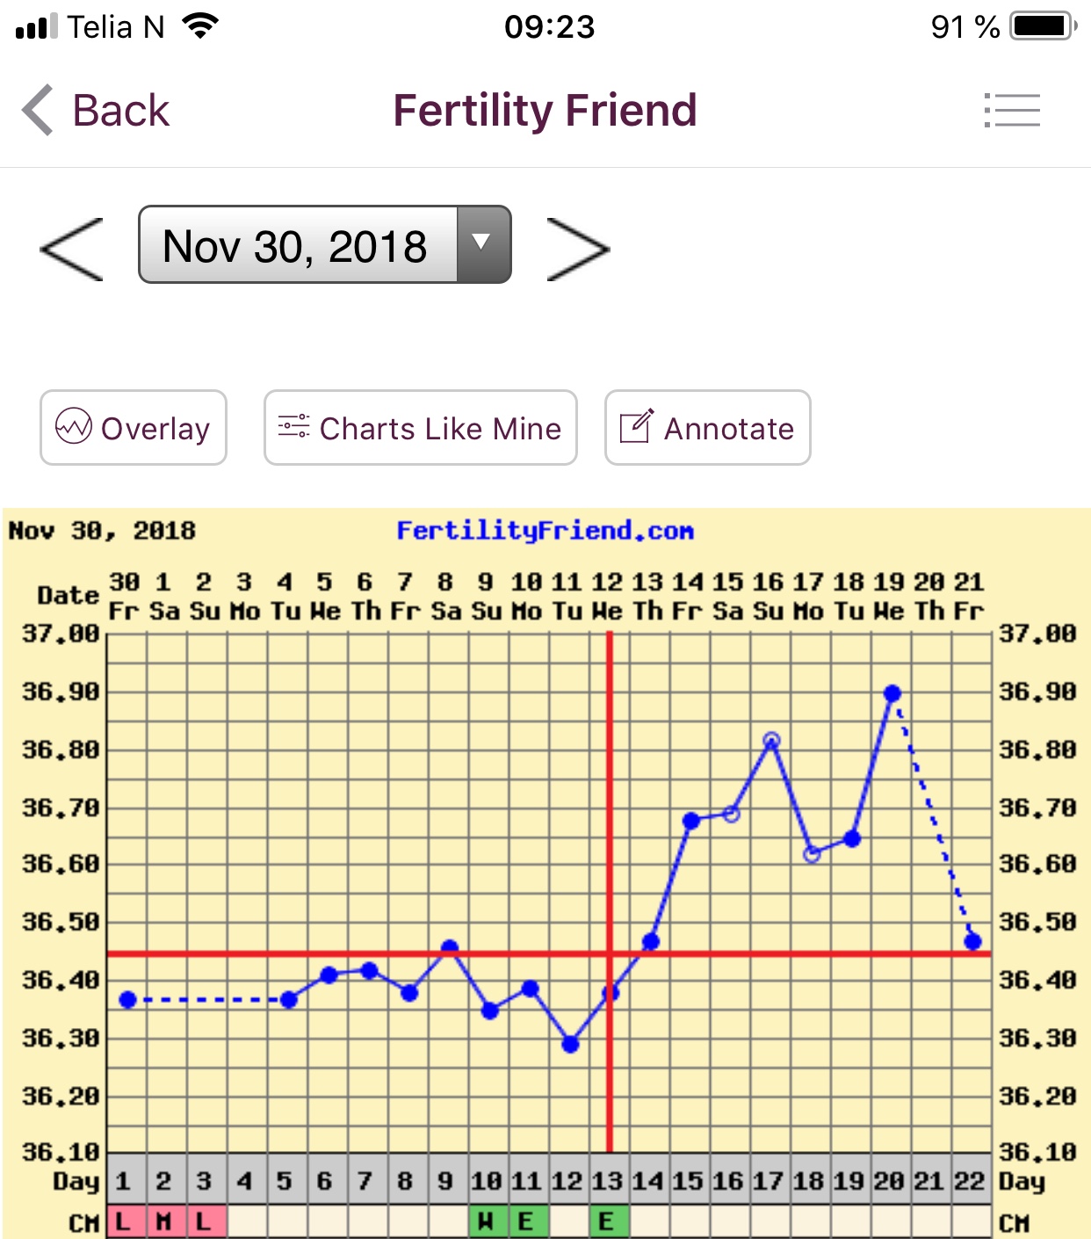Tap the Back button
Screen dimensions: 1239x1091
point(97,111)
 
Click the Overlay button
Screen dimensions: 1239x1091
point(134,428)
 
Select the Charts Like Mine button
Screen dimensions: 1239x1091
point(421,428)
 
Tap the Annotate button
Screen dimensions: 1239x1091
point(707,428)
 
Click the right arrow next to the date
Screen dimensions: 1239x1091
point(577,250)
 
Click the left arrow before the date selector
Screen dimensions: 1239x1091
point(72,250)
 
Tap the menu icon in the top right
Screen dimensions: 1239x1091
point(1012,111)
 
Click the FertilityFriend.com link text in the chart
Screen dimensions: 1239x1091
point(545,531)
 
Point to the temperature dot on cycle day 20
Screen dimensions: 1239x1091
point(892,693)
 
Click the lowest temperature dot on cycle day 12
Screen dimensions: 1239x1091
point(570,1044)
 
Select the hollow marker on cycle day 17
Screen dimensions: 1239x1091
point(771,740)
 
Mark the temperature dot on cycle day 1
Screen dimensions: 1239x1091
point(127,999)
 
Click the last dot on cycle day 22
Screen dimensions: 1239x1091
point(972,941)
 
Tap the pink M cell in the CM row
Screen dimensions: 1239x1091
point(163,1221)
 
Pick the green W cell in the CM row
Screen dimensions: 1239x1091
point(485,1221)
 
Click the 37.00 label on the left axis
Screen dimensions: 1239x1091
point(61,633)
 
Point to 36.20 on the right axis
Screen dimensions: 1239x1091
point(1037,1096)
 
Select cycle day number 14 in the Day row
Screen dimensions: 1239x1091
point(648,1181)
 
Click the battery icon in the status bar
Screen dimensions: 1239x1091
point(1043,26)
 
